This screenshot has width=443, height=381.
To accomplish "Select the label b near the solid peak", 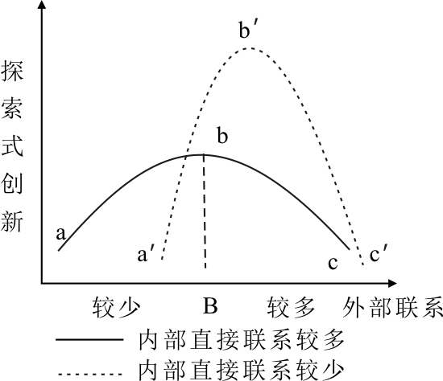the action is coord(222,136).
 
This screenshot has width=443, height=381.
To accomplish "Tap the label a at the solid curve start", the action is coord(60,234).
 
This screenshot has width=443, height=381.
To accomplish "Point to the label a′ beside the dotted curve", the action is coord(146,254).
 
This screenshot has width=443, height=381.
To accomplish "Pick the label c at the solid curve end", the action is coord(333,263).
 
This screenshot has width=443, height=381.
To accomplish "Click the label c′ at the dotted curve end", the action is coord(378,253).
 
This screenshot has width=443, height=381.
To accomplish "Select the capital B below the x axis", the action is coord(210,306).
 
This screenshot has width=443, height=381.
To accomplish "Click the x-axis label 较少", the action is coord(116,307).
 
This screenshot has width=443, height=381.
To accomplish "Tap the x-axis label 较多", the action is coord(291,307).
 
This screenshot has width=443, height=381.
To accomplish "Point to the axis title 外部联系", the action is coord(392,307).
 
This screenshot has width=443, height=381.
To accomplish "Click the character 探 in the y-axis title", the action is coord(12,72).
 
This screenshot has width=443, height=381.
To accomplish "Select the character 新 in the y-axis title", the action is coord(12,221).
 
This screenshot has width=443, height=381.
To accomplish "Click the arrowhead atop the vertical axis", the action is coord(42,5).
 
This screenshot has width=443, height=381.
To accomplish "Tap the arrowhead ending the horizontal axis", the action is coord(392,283).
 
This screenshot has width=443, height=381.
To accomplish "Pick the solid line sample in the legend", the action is coord(89,339).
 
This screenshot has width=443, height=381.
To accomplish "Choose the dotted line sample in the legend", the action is coord(90,375).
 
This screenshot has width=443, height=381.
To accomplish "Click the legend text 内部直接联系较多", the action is coord(242,340).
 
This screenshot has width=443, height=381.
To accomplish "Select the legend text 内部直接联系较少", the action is coord(242,370).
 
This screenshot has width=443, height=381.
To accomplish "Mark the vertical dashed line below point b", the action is coord(205,211).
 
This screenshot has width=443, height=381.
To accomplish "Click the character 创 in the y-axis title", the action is coord(12,183).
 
